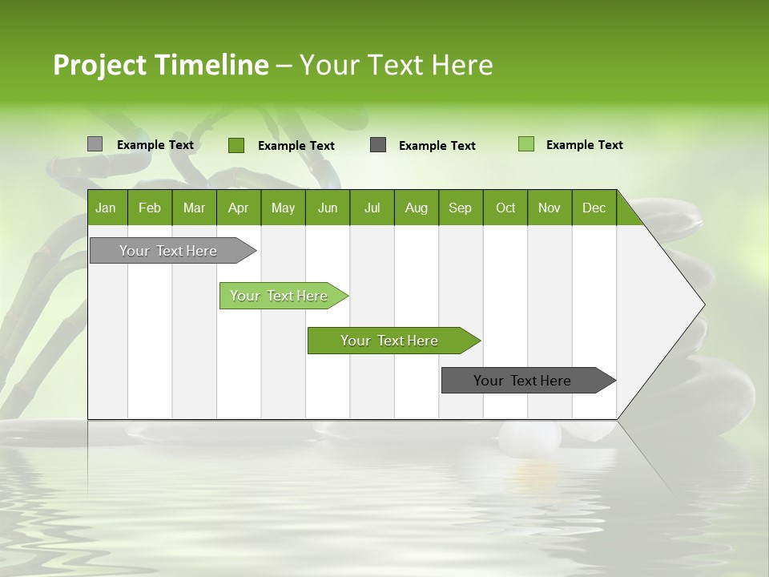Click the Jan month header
coord(107,208)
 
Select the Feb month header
coord(150,208)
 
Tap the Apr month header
coord(239,208)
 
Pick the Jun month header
coord(328,208)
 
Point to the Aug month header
coord(417,208)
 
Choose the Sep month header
coord(461,208)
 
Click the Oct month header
coord(505,208)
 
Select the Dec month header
coord(594,208)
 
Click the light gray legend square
coord(95,144)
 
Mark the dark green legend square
coord(236,145)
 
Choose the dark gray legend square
coord(378,145)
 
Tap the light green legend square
coord(526,144)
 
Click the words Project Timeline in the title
coord(160,65)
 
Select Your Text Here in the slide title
coord(396,65)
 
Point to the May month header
coord(283,208)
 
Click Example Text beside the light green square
coord(584,145)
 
